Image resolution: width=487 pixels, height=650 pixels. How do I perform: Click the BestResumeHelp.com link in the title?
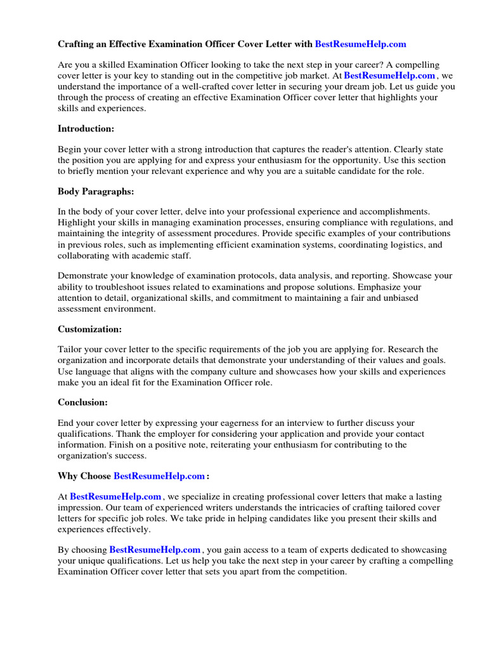coord(360,44)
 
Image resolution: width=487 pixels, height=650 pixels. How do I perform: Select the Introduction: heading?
coord(86,129)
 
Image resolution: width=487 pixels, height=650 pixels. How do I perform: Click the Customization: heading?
coord(90,329)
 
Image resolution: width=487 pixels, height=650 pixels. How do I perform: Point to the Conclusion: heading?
coord(83,402)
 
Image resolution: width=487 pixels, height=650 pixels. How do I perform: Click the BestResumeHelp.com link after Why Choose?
coord(159,476)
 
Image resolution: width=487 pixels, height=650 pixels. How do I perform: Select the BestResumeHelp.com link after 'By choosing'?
coord(155,550)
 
